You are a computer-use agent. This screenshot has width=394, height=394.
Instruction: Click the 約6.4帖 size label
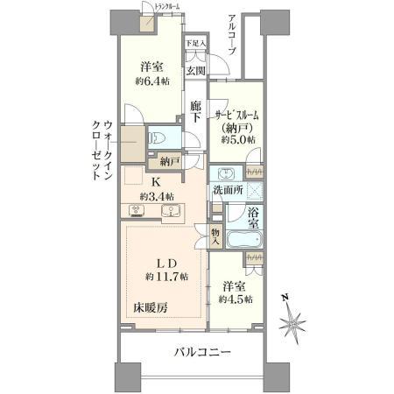pos(152,81)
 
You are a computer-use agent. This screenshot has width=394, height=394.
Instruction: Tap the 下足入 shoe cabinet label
pos(195,43)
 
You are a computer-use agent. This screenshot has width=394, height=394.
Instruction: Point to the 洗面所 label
pos(227,190)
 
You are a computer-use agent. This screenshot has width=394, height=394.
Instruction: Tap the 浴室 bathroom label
pos(252,218)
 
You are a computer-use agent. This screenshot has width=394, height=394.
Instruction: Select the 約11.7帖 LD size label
pos(163,277)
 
